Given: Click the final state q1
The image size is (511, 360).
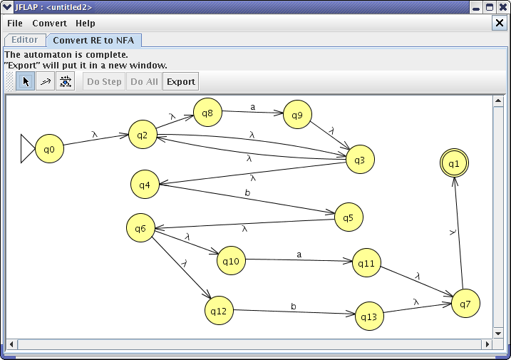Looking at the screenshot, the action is point(454,163).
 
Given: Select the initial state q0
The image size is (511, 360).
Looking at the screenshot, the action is point(49,149).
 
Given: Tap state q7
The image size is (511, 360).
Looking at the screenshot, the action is point(465,303).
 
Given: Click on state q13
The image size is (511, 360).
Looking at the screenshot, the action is point(369,317).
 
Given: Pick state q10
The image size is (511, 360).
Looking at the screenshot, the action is point(231,260).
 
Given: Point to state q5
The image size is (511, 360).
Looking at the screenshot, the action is point(349,217).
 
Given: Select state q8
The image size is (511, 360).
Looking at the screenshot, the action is point(207,113).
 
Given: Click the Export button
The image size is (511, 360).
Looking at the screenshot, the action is point(181,81).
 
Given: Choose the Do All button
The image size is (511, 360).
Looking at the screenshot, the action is point(144,81).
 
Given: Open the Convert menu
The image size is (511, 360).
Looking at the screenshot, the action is point(50,23).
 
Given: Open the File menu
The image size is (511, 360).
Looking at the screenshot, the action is point(15,23).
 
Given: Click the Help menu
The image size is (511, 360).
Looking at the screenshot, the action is point(86,23).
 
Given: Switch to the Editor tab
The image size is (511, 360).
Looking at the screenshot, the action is point(25,40).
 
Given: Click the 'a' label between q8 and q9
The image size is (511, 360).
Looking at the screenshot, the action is point(252,107).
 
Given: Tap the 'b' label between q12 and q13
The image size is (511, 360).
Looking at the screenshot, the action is point(294,307).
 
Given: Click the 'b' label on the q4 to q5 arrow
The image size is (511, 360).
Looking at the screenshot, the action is point(247,192).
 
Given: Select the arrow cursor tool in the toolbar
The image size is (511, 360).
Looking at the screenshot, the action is point(26,81).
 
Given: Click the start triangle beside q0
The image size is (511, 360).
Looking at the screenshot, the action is point(27,148).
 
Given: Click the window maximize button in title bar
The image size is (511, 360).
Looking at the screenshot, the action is point(490,7).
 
